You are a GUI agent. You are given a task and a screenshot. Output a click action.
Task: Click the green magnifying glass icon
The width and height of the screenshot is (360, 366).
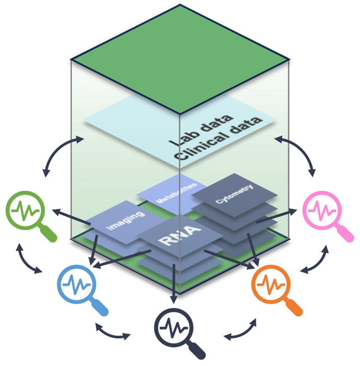(x=25, y=212)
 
